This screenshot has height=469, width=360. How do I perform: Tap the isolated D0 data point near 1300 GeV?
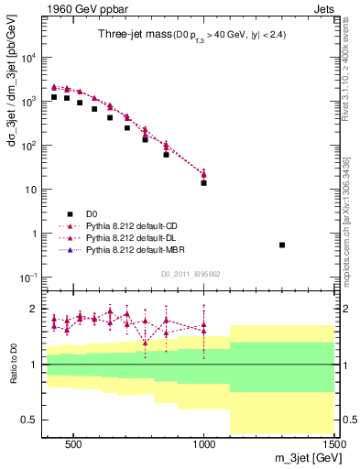pyautogui.click(x=282, y=245)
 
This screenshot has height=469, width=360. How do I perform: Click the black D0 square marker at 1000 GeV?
pyautogui.click(x=203, y=182)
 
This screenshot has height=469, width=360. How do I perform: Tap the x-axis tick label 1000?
pyautogui.click(x=203, y=442)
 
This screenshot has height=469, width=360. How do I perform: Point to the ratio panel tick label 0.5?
pyautogui.click(x=29, y=420)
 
